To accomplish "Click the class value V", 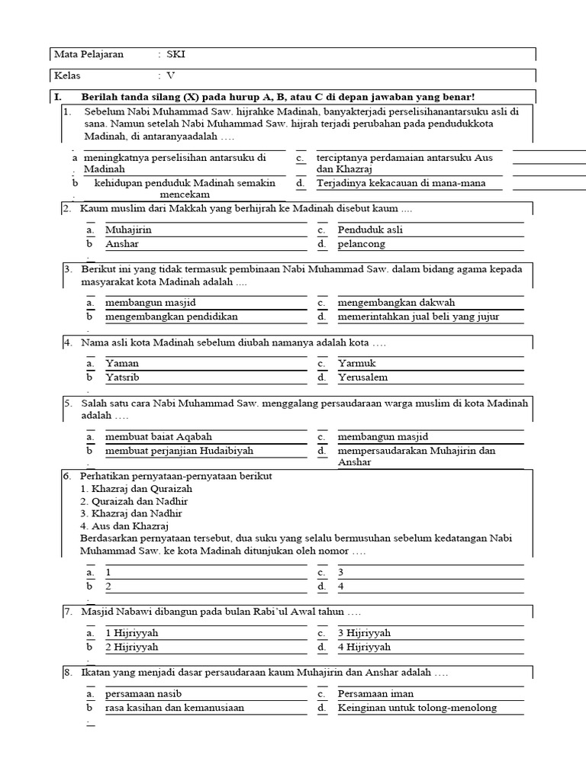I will point(171,76).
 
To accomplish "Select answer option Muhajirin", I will point(128,230).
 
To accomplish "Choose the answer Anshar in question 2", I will point(122,244).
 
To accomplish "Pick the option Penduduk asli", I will point(370,230).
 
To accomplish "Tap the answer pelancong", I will point(362,244).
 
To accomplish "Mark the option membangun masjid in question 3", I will point(145,302).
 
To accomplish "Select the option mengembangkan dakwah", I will point(396,302).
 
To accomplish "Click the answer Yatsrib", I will point(122,378).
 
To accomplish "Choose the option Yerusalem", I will point(362,378).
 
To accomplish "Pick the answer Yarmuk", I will point(357,363).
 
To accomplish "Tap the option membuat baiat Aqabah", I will point(159,437).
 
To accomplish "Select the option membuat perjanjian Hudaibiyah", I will point(179,451).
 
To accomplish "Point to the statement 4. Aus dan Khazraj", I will point(124,525).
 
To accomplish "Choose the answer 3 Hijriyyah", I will point(364,633).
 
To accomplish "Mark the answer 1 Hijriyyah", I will point(132,633).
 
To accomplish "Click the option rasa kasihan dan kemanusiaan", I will point(175,708).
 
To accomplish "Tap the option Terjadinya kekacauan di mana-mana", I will point(401,183).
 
